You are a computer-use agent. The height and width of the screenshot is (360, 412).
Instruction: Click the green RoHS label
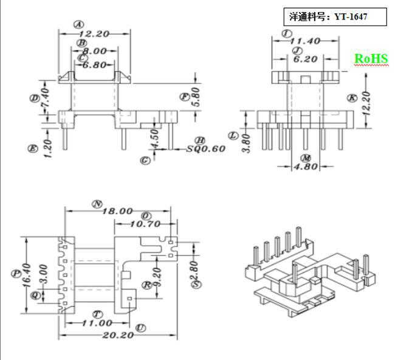tap(371, 59)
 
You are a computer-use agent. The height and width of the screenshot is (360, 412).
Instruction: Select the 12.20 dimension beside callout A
tap(94, 35)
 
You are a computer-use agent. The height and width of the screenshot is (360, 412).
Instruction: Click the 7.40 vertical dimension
tap(44, 95)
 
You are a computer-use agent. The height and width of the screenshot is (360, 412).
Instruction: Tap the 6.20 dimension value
tap(305, 59)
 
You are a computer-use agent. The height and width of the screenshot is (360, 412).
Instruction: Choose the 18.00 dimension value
tap(117, 211)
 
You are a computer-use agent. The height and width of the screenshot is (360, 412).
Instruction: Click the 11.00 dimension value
tap(97, 323)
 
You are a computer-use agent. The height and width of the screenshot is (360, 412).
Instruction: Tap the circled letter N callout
tap(96, 204)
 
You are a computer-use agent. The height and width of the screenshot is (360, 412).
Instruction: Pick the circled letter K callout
tap(351, 97)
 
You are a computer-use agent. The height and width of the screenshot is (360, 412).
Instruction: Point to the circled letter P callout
tap(16, 273)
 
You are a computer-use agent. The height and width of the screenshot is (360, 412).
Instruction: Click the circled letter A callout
tap(78, 25)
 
